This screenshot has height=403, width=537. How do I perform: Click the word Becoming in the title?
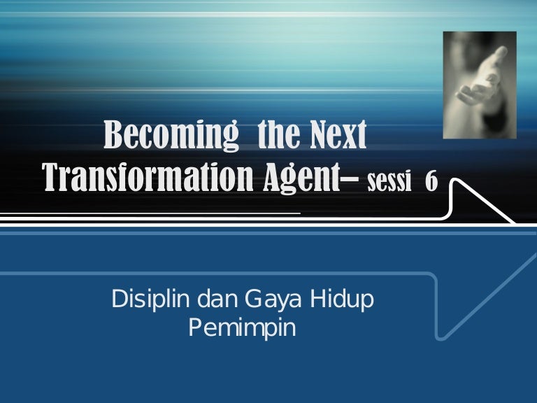click(171, 134)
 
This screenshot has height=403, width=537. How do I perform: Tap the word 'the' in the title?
click(278, 134)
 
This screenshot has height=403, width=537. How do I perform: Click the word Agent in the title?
click(302, 178)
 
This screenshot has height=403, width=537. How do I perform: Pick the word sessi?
click(389, 181)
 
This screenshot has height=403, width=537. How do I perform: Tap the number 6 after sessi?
click(431, 181)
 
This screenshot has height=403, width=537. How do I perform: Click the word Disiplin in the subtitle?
click(151, 300)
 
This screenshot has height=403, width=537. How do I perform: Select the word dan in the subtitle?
click(217, 299)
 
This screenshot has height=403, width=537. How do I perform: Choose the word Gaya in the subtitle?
click(273, 300)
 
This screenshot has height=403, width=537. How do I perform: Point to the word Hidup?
click(342, 300)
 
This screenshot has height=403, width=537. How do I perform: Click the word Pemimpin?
click(243, 329)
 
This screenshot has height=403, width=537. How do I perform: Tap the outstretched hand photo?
click(480, 85)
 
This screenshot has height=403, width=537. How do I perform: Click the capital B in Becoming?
click(113, 134)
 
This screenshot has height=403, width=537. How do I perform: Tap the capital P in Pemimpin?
click(195, 328)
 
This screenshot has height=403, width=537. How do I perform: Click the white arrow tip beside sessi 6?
click(515, 222)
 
